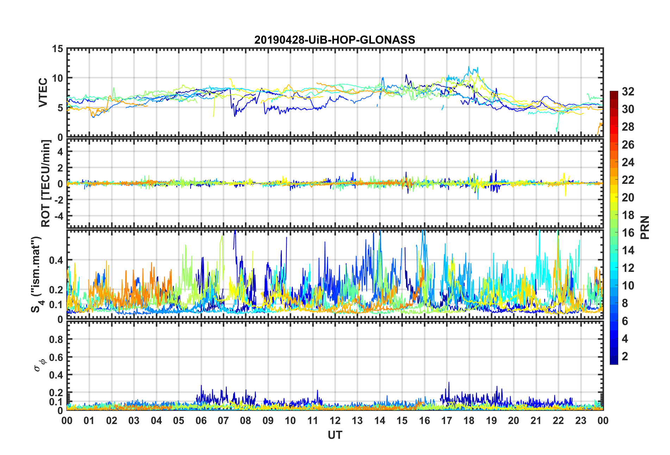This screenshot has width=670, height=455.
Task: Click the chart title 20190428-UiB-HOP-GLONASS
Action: click(x=335, y=40)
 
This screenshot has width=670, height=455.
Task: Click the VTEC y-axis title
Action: click(x=43, y=93)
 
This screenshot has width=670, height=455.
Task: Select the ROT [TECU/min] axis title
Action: click(x=46, y=183)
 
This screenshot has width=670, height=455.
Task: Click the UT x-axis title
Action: click(x=335, y=435)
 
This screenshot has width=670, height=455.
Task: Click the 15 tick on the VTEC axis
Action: click(x=57, y=49)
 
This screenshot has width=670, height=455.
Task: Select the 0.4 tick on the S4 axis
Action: click(x=56, y=261)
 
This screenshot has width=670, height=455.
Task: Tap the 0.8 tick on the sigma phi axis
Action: click(x=56, y=339)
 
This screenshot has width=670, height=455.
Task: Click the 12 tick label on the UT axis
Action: click(x=335, y=421)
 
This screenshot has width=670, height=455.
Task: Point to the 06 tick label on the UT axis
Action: click(x=201, y=421)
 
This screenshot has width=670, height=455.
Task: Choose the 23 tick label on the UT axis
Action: click(x=581, y=421)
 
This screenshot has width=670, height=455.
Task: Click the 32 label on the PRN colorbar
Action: click(x=628, y=92)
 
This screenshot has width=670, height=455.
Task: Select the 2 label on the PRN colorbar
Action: click(x=625, y=356)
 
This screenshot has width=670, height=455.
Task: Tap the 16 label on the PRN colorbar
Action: click(x=628, y=233)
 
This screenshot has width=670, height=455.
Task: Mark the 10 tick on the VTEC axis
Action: click(x=57, y=79)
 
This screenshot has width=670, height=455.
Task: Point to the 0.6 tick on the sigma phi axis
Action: click(x=56, y=357)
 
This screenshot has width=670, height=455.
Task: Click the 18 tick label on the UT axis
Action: click(x=469, y=421)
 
